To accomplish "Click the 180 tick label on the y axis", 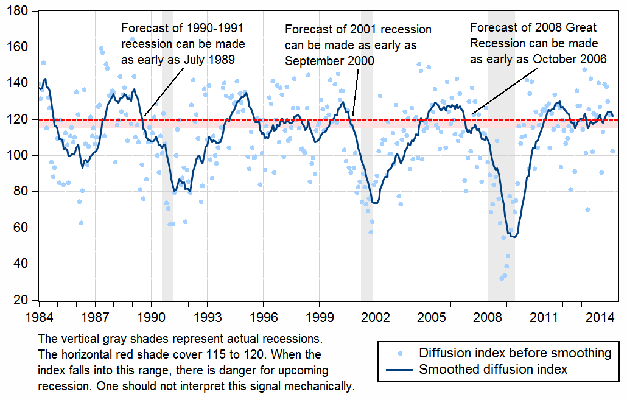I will tap(19, 11).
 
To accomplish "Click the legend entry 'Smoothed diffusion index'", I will tap(493, 369).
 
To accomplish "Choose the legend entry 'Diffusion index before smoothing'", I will tap(515, 353).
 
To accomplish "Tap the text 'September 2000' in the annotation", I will tap(329, 61).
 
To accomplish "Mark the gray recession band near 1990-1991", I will tap(167, 183).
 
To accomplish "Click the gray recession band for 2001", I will tap(367, 183).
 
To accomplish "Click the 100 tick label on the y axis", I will tap(19, 155).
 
